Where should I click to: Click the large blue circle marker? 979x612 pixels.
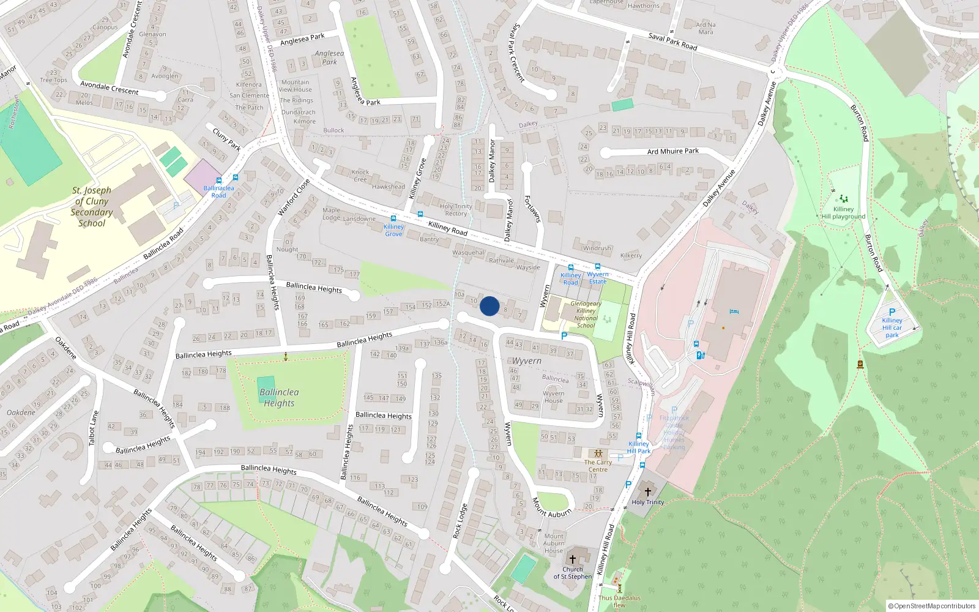[x=489, y=306]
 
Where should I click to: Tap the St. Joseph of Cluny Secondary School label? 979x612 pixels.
[x=92, y=207]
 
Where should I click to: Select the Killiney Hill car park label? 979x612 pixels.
[x=892, y=327]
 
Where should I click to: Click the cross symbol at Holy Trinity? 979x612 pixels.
[x=648, y=491]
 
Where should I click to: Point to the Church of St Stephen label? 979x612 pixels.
[x=573, y=573]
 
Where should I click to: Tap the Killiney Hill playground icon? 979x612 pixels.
[x=844, y=199]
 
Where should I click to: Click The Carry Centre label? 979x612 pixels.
[x=598, y=466]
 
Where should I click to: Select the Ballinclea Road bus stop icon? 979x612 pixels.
[x=236, y=178]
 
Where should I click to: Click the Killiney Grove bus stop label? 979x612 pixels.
[x=393, y=230]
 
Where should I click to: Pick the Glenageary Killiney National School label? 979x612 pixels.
[x=586, y=315]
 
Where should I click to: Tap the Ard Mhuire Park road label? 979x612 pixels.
[x=673, y=151]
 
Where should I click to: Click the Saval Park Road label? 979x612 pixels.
[x=672, y=42]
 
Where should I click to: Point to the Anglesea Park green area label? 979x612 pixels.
[x=329, y=58]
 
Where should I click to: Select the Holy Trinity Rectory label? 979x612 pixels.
[x=456, y=210]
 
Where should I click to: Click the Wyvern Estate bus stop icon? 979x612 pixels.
[x=598, y=267]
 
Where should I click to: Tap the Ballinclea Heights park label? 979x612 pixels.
[x=279, y=397]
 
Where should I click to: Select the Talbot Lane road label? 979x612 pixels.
[x=93, y=428]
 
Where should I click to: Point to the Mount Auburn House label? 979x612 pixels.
[x=554, y=543]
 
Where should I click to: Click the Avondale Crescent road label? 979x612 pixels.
[x=110, y=88]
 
